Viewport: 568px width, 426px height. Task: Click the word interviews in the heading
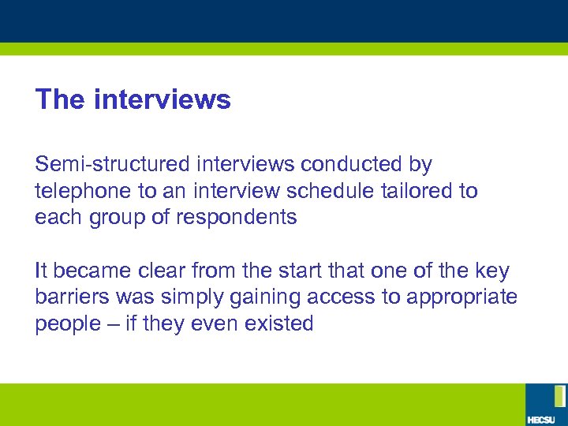click(x=162, y=100)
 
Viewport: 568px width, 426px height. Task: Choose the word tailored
click(x=420, y=191)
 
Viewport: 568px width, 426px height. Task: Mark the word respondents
click(x=237, y=218)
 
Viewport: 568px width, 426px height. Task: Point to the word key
click(x=493, y=271)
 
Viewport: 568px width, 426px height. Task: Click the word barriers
click(x=67, y=297)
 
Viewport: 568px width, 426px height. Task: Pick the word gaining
click(x=248, y=298)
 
